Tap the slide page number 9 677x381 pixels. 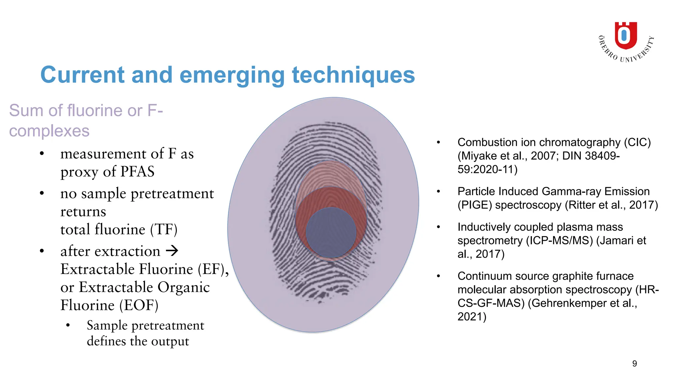point(634,363)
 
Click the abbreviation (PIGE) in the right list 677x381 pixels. point(475,205)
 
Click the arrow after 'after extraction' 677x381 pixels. point(172,251)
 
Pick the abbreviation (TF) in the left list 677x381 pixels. point(164,229)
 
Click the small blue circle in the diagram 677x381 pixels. point(331,233)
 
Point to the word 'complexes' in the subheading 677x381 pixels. point(49,131)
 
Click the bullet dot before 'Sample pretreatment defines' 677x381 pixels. point(68,325)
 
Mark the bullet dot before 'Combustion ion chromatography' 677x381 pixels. point(438,143)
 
